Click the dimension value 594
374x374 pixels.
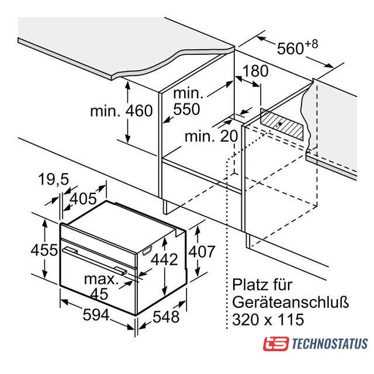pos(96,315)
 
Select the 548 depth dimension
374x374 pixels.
pos(166,317)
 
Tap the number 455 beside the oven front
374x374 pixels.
pos(44,250)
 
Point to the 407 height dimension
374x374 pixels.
pos(202,251)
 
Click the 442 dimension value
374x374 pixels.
pos(165,259)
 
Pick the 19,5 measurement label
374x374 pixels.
pos(53,179)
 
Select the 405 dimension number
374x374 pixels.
pos(83,199)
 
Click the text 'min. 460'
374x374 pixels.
pos(122,110)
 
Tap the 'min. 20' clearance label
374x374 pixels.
pos(212,136)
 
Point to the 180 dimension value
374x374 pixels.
pos(255,71)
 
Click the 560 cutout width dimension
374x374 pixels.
pos(290,48)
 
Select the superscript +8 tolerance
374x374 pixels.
pos(311,44)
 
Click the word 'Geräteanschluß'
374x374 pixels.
pos(290,302)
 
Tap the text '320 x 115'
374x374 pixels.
pos(268,320)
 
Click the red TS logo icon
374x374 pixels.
pos(276,344)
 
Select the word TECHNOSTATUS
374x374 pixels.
pos(330,344)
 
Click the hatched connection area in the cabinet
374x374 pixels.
pos(282,124)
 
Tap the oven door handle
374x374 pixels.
pos(94,261)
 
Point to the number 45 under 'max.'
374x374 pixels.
pos(99,293)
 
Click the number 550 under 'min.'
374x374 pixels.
pos(186,109)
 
